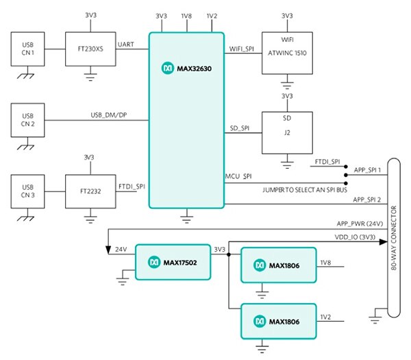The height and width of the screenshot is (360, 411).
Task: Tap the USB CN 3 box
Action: pos(28,193)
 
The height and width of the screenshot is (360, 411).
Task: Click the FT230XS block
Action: pos(90,49)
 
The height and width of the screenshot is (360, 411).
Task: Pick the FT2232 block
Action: pos(90,193)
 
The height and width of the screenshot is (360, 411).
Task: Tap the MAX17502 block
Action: pos(172,261)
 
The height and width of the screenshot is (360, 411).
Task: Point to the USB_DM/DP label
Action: pos(110,115)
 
